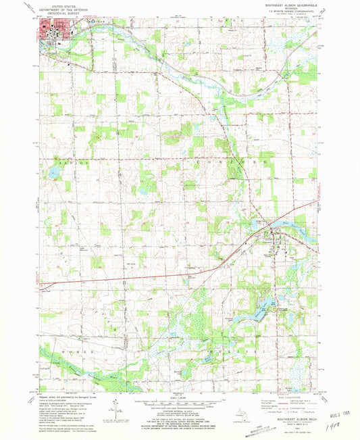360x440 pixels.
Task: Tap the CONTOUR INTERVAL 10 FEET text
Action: [180, 414]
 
